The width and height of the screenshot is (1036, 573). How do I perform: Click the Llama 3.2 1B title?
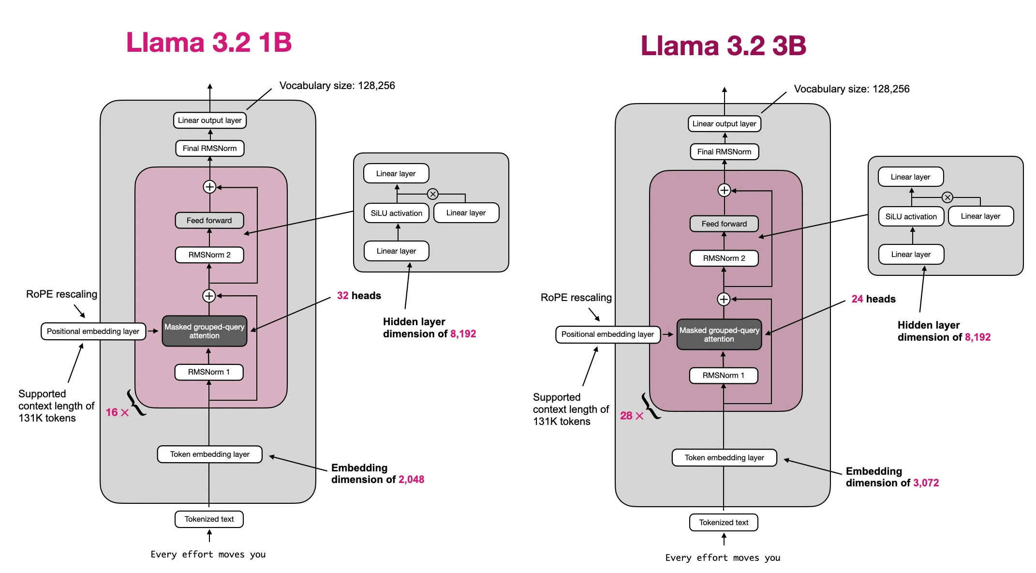click(209, 43)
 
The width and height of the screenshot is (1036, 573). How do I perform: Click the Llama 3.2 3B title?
click(724, 46)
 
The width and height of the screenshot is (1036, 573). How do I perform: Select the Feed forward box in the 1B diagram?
click(209, 221)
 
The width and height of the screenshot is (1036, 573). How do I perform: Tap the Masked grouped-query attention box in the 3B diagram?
click(719, 334)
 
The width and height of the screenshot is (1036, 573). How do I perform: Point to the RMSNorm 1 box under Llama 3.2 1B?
click(209, 372)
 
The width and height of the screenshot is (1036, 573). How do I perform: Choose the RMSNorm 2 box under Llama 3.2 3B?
click(724, 258)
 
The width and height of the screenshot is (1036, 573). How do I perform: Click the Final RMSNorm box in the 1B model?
click(209, 149)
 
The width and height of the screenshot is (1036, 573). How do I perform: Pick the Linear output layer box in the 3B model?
click(724, 124)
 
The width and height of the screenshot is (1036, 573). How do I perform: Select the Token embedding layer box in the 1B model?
click(209, 454)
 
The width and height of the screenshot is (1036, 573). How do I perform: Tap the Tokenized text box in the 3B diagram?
click(724, 523)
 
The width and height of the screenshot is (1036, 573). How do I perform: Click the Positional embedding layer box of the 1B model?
click(93, 332)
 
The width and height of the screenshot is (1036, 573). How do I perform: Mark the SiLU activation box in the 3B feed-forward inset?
click(911, 217)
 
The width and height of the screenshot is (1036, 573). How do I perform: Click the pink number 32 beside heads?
click(342, 296)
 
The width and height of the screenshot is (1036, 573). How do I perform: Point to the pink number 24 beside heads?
click(857, 299)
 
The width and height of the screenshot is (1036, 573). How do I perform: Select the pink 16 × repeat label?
click(117, 412)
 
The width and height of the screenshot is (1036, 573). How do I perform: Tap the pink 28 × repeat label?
click(632, 416)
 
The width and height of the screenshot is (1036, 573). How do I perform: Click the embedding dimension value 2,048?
click(411, 480)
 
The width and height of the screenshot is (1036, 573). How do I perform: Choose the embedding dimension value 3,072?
click(926, 483)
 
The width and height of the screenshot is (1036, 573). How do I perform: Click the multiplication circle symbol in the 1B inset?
click(433, 194)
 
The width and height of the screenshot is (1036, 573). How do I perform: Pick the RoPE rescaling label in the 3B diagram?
click(576, 298)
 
